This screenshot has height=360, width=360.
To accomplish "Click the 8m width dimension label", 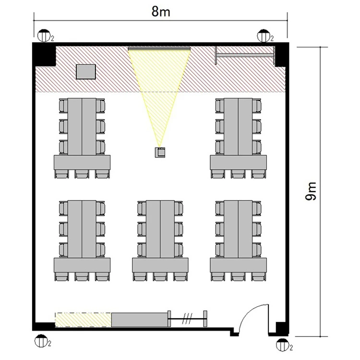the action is point(161,12).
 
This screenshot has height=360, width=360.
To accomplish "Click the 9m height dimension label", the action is point(311,191).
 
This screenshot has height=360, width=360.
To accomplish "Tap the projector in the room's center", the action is point(160,152).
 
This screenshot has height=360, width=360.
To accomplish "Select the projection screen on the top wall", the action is point(159,48).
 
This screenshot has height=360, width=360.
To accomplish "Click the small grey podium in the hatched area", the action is point(86,72).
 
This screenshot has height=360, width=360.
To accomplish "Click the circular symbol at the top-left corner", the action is point(44,36).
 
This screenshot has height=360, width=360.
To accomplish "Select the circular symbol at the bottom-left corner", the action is point(41,341).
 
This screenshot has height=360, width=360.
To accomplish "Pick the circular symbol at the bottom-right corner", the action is point(282,345).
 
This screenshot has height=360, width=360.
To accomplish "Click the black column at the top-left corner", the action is point(44,54).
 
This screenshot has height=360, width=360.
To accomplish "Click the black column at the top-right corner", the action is point(281,54).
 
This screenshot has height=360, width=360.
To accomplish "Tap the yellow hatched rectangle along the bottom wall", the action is point(83,320).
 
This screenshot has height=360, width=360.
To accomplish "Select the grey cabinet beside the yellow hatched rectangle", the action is point(140,320).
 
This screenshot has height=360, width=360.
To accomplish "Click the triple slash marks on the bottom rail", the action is point(187,319).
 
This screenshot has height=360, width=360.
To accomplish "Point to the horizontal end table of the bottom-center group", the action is point(160,265).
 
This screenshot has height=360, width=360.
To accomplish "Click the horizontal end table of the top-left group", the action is point(82,163).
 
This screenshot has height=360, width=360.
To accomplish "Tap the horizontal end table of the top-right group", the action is point(238,163).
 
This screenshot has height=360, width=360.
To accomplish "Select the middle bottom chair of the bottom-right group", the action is point(238,276).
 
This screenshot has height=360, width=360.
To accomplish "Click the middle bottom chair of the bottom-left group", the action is point(82,276).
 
